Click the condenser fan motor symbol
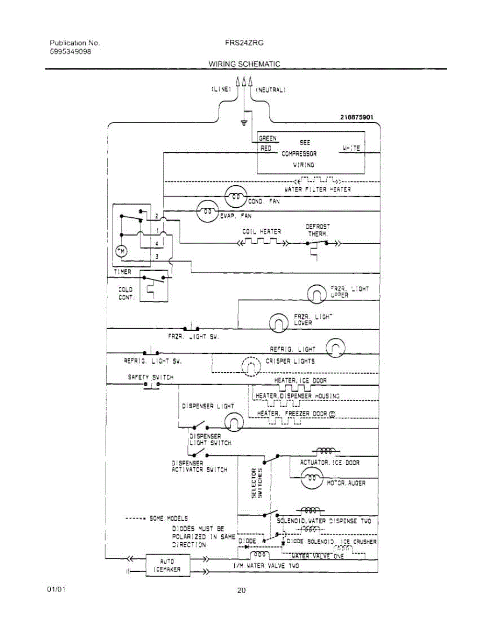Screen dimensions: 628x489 pyautogui.click(x=235, y=197)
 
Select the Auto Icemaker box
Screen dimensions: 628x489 pyautogui.click(x=167, y=565)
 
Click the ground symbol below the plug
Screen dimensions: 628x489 pyautogui.click(x=244, y=124)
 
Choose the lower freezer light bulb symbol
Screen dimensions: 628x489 pyautogui.click(x=278, y=322)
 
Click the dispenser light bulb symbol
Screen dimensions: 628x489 pyautogui.click(x=235, y=420)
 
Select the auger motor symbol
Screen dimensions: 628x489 pyautogui.click(x=312, y=477)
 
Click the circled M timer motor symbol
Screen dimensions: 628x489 pyautogui.click(x=121, y=252)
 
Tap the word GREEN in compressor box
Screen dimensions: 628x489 pyautogui.click(x=268, y=139)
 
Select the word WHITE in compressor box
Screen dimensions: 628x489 pyautogui.click(x=351, y=148)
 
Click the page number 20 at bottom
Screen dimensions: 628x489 pyautogui.click(x=241, y=591)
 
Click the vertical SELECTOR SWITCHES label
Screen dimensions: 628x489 pyautogui.click(x=257, y=483)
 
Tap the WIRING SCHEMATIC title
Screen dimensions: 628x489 pyautogui.click(x=244, y=64)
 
